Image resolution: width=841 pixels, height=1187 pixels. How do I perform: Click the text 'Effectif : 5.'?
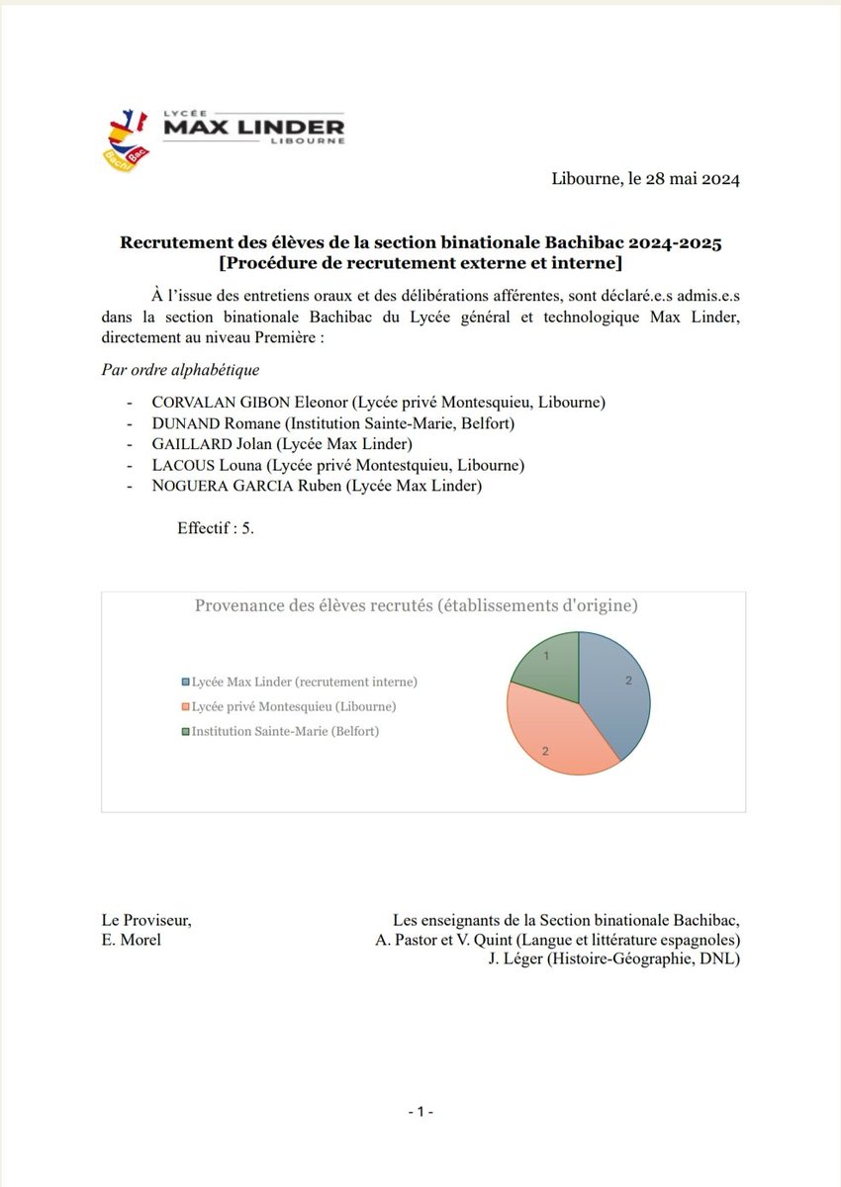pos(216,528)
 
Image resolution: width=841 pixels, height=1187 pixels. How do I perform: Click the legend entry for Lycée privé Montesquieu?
pos(294,707)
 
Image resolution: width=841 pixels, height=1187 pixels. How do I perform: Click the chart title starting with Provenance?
pos(416,605)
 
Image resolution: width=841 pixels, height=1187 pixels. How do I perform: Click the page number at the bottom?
pos(421,1112)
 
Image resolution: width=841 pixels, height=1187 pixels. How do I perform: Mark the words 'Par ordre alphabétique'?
pos(180,370)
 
